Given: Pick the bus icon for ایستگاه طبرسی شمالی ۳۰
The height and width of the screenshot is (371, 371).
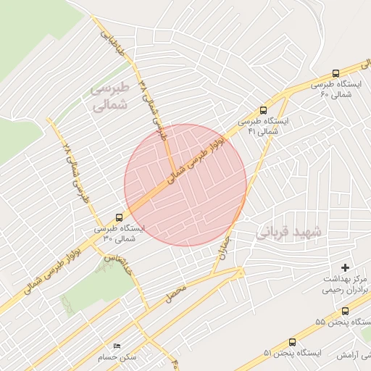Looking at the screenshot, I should point(119,216).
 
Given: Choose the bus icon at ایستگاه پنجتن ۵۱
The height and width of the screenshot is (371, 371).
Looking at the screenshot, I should point(292,341).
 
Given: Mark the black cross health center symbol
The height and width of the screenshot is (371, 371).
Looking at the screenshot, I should point(345,267).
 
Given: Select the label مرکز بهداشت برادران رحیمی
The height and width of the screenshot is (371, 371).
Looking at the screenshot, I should point(345,284).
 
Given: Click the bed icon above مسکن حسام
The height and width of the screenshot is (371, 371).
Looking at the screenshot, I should point(118,346).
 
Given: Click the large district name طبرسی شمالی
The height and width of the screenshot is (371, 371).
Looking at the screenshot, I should point(109,96).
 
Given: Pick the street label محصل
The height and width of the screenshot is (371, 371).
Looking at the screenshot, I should point(177,293).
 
